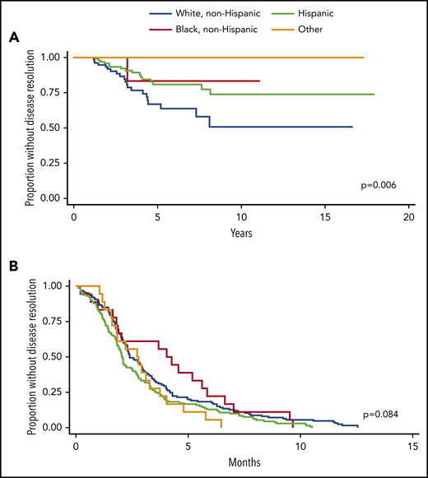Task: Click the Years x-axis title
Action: (x=241, y=233)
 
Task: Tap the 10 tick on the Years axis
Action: (x=241, y=216)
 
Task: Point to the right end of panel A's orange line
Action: (x=363, y=57)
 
